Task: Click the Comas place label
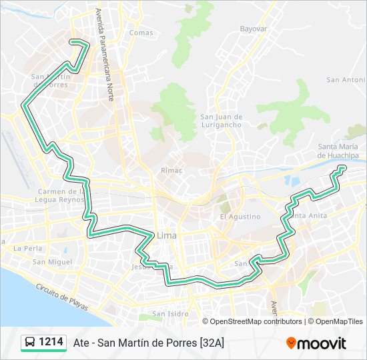[x=141, y=33]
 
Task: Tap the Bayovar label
[x=254, y=29]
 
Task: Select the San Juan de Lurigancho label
[x=221, y=121]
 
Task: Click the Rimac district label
[x=167, y=170]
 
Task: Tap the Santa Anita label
[x=308, y=215]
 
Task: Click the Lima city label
[x=166, y=235]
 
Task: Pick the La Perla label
[x=27, y=248]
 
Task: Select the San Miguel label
[x=52, y=262]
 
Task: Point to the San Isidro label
[x=170, y=313]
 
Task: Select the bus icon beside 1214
[x=30, y=343]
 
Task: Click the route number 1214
[x=51, y=342]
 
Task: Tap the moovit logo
[x=316, y=343]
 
